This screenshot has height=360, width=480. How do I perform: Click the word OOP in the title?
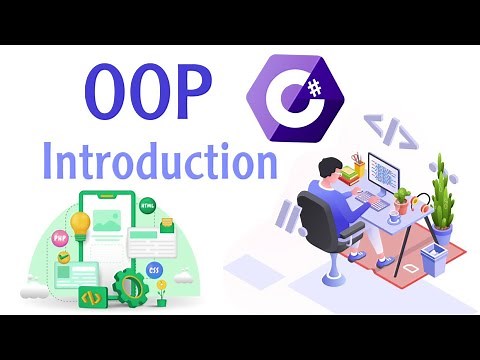click(149, 93)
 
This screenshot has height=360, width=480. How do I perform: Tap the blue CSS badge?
click(154, 270)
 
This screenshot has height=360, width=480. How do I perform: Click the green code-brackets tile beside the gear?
click(91, 297)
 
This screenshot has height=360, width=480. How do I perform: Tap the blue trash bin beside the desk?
click(433, 259)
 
